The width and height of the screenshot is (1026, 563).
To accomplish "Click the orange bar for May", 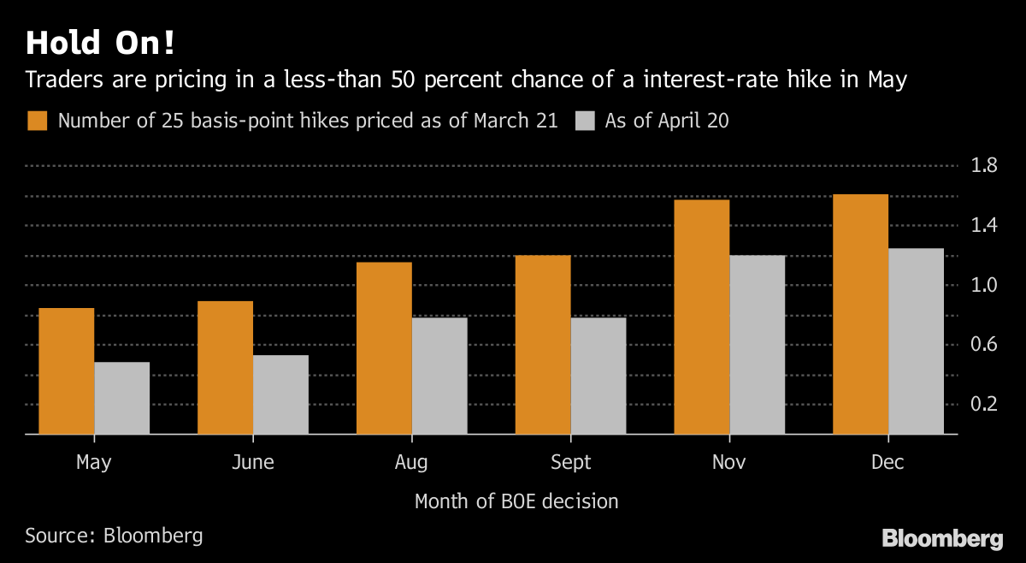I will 67,371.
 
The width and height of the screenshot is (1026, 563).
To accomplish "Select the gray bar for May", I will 121,398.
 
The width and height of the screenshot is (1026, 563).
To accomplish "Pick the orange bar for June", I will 225,368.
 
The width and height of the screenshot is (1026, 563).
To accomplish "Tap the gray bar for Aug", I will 439,376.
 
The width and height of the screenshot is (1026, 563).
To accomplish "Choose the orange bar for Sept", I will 543,345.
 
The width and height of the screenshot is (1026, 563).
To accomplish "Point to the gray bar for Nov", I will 757,345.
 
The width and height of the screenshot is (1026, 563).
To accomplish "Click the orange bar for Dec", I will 860,314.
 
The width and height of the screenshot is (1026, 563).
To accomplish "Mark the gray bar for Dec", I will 916,341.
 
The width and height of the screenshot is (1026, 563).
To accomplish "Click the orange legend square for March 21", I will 38,121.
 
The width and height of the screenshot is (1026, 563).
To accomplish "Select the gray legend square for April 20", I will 585,121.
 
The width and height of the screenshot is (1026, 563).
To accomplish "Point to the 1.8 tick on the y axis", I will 985,165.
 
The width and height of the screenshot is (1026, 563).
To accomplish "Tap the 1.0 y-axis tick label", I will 985,285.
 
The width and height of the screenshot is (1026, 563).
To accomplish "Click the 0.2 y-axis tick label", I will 985,404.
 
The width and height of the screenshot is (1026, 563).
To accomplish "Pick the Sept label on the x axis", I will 570,463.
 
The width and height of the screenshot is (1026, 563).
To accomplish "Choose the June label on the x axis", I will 253,463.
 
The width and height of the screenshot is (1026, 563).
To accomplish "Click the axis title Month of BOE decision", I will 516,501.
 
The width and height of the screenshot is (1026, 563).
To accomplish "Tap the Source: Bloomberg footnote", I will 114,536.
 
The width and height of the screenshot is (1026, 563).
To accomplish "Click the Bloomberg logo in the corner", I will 942,539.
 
